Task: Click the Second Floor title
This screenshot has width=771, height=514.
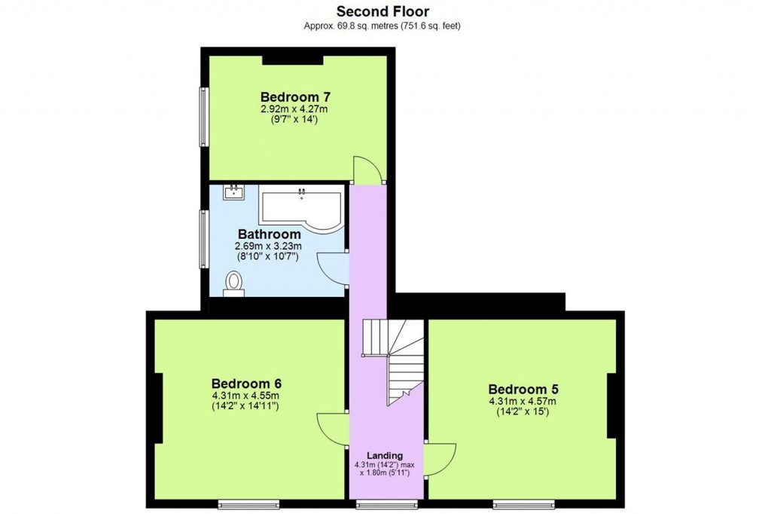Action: click(x=382, y=11)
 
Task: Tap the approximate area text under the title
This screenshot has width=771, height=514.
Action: click(x=382, y=26)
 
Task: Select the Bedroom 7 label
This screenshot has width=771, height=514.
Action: click(x=295, y=97)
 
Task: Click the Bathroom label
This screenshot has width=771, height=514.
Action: click(x=269, y=234)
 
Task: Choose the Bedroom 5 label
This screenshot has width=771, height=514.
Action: click(x=523, y=389)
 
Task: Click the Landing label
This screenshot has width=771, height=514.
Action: click(x=385, y=456)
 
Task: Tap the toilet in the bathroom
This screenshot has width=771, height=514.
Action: click(x=234, y=284)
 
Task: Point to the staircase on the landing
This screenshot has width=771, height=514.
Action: click(x=393, y=358)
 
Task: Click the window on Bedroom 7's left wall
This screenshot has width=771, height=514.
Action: click(x=203, y=117)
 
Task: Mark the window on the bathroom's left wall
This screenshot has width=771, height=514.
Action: click(x=203, y=238)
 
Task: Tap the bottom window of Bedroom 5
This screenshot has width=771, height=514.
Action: click(x=523, y=503)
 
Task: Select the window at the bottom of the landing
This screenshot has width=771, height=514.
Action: click(x=386, y=503)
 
